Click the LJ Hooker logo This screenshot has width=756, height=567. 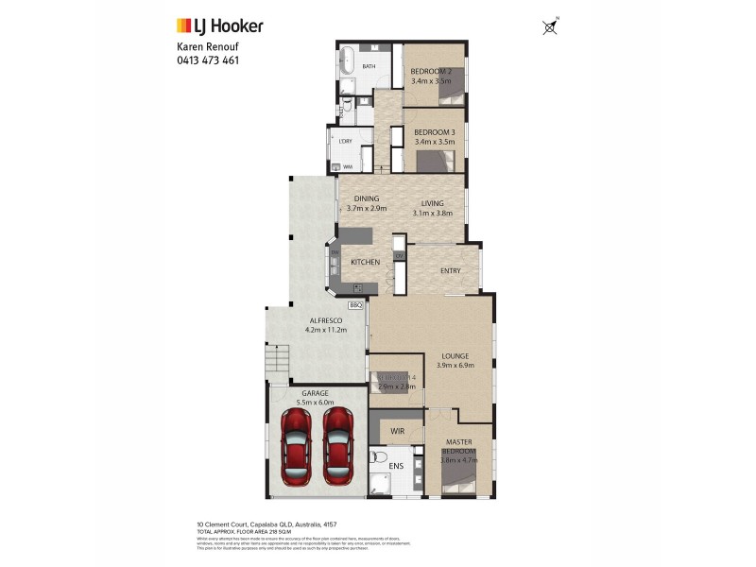click(x=220, y=26)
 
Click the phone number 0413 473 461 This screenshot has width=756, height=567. click(x=208, y=60)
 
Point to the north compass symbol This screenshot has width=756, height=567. click(x=550, y=27)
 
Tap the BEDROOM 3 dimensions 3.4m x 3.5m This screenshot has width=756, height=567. click(x=435, y=142)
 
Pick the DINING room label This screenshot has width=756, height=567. click(x=366, y=198)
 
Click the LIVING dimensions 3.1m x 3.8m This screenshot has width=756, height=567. click(x=433, y=213)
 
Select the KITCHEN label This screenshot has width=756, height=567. click(x=365, y=262)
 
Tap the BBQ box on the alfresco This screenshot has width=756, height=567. click(x=356, y=305)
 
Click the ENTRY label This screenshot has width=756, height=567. click(x=452, y=271)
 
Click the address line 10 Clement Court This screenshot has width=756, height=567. click(x=260, y=524)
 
